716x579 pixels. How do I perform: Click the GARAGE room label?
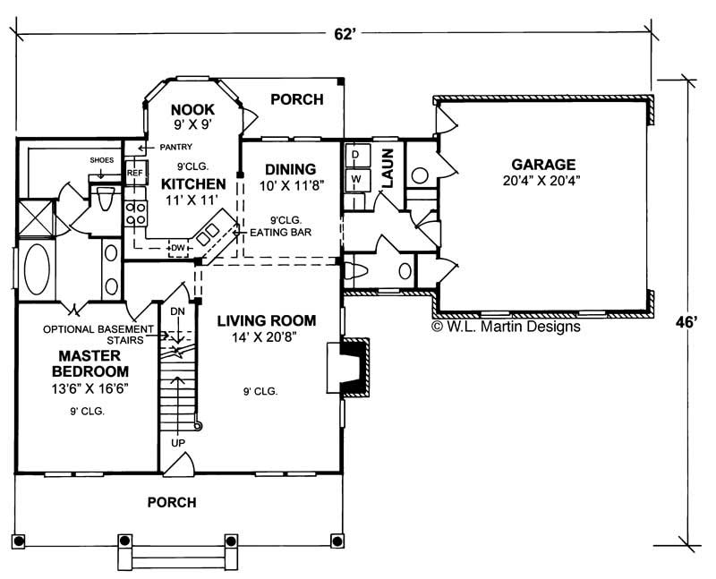[543, 165]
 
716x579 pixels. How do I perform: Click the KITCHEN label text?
[192, 183]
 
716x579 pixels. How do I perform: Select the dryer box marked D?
[354, 155]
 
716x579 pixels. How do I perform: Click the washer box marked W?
[354, 179]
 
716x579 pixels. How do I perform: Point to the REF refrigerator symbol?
[134, 173]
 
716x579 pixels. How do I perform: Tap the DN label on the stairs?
[177, 311]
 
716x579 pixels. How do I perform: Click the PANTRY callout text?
[178, 148]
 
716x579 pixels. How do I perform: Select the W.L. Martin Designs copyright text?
[506, 328]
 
